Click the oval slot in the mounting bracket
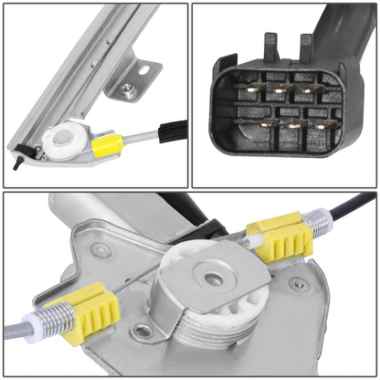143,67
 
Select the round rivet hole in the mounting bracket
126,88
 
